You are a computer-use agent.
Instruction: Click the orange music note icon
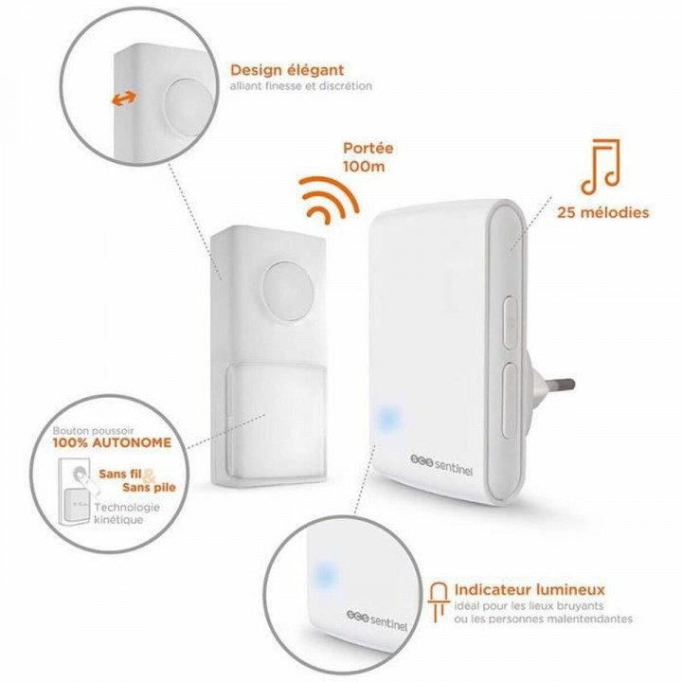(601, 164)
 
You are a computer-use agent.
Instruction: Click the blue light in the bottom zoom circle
(323, 574)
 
